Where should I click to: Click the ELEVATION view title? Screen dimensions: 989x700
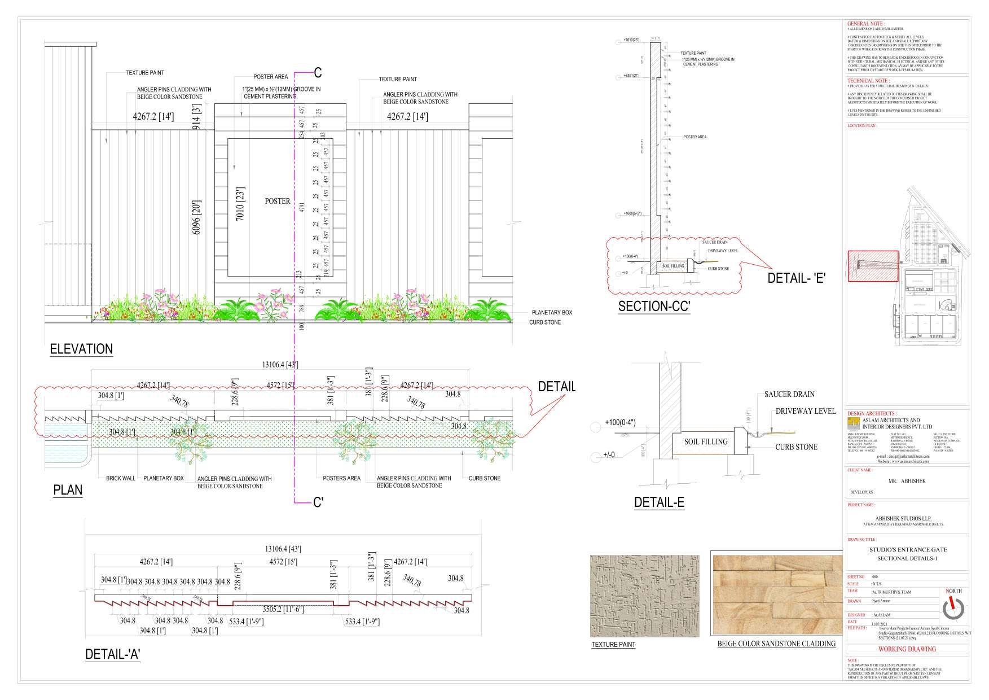click(x=81, y=349)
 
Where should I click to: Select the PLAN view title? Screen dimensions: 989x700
click(x=68, y=489)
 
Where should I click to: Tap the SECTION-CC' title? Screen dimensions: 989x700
click(x=654, y=307)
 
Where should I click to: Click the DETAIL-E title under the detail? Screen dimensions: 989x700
click(x=659, y=502)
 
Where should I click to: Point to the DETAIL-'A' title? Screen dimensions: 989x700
click(x=112, y=654)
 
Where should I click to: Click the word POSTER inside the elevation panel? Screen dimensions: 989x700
click(x=278, y=201)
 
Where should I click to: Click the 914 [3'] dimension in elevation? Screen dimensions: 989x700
click(x=197, y=117)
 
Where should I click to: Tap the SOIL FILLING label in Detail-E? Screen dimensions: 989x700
click(x=706, y=441)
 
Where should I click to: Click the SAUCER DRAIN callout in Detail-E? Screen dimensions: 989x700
click(x=789, y=394)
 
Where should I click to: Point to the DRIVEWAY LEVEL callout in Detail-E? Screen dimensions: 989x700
click(x=805, y=411)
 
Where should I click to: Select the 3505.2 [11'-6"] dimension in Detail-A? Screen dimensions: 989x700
click(x=282, y=610)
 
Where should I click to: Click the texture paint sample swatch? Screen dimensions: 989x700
click(x=644, y=596)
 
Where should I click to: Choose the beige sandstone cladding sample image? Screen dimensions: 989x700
click(x=776, y=596)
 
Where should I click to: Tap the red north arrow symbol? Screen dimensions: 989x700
click(x=953, y=607)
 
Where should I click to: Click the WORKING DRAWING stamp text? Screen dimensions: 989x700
click(x=907, y=649)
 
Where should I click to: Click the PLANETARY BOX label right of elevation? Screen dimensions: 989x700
click(x=552, y=313)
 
